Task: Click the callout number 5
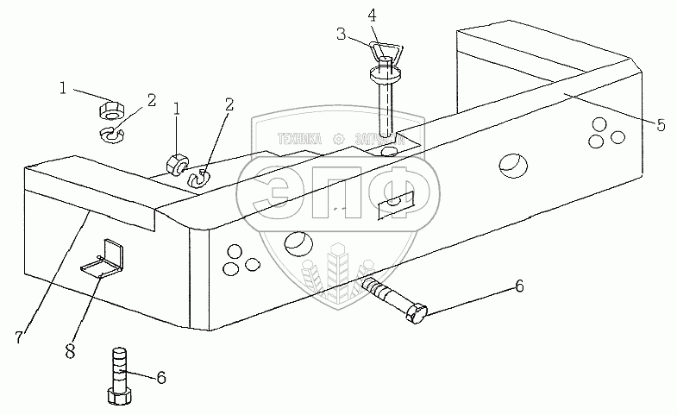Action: [661, 125]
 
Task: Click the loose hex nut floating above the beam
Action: [109, 109]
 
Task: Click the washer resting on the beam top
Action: [197, 179]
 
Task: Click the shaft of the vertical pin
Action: [386, 108]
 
